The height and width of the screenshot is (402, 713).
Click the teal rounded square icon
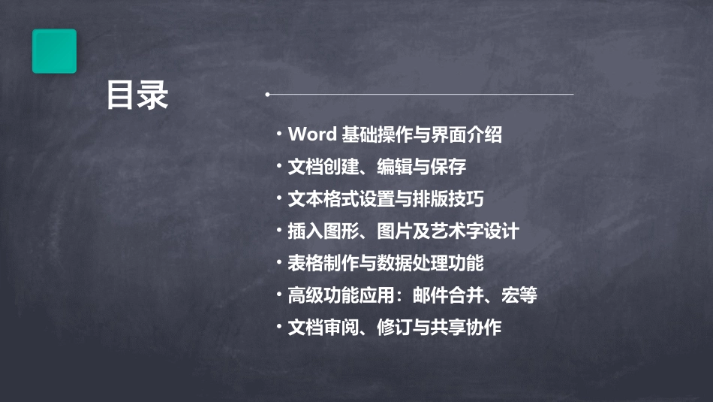[x=54, y=51]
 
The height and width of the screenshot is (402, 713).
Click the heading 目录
[x=137, y=95]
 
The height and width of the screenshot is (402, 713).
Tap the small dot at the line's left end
[x=267, y=95]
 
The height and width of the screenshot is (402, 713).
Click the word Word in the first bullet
[x=311, y=135]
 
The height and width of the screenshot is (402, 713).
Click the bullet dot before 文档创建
[x=279, y=165]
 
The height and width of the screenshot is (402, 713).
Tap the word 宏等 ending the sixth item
[x=519, y=295]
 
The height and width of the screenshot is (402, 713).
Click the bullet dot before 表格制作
[x=279, y=262]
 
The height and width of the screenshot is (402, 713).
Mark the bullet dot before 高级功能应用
[x=279, y=294]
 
